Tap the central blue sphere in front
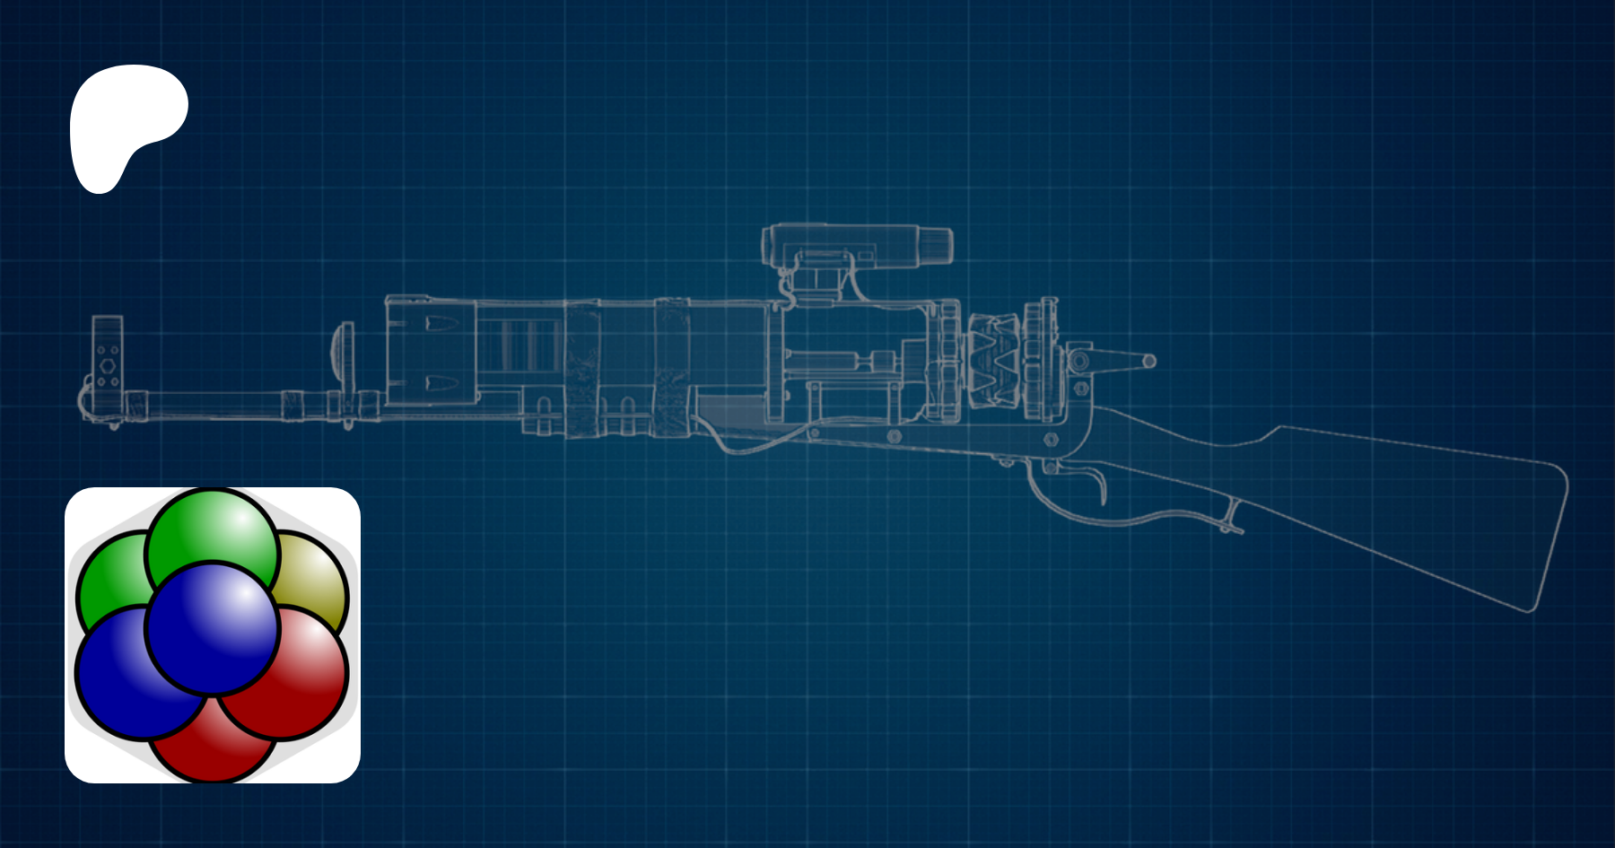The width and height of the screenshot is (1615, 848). pos(212,628)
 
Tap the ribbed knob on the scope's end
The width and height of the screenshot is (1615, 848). pos(935,244)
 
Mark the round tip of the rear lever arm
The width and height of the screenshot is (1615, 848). pos(1149,362)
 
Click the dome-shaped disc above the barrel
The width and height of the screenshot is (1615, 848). pos(339,341)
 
